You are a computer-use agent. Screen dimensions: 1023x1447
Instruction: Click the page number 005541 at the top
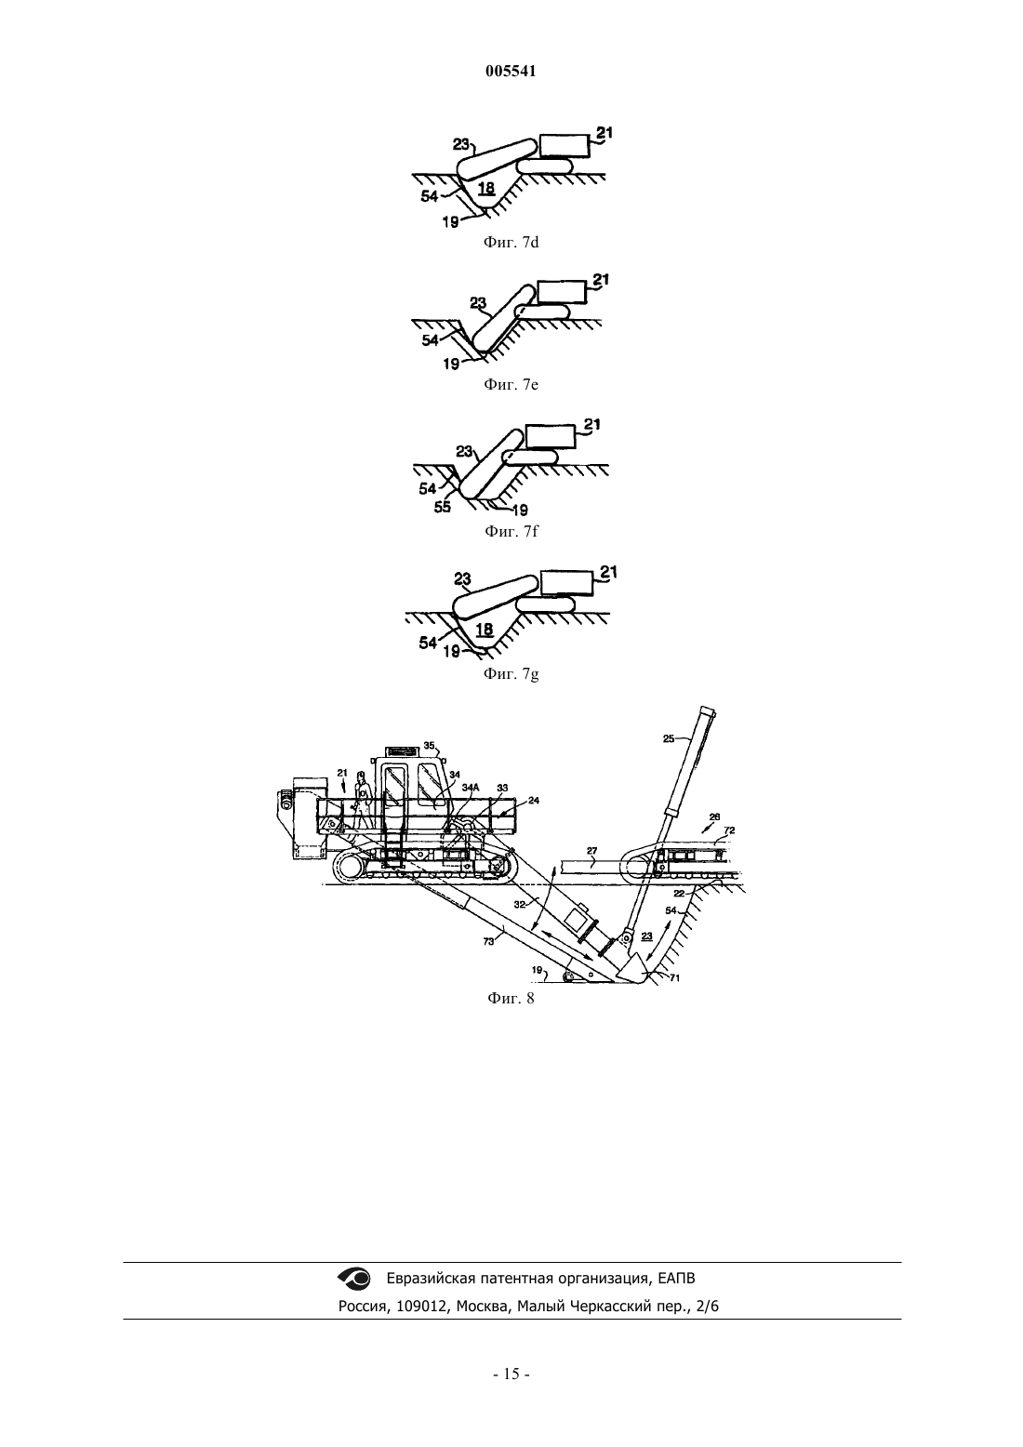[x=511, y=72]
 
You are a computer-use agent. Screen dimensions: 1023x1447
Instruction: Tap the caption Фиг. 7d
[x=511, y=242]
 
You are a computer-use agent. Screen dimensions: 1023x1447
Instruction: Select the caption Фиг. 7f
[x=511, y=532]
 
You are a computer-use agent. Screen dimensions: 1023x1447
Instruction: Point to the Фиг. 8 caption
[x=511, y=998]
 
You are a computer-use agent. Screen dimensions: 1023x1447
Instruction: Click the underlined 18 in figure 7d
[x=485, y=188]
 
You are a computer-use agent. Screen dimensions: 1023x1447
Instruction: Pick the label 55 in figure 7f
[x=443, y=507]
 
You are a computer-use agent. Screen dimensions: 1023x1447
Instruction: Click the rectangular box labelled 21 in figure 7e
[x=563, y=291]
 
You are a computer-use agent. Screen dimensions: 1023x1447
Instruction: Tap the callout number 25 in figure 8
[x=669, y=738]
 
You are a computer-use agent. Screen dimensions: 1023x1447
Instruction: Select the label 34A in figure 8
[x=472, y=788]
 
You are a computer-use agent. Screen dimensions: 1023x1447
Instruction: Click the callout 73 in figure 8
[x=488, y=941]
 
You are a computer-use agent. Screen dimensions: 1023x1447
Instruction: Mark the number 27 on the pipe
[x=592, y=851]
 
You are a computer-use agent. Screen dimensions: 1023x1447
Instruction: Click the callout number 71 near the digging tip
[x=674, y=978]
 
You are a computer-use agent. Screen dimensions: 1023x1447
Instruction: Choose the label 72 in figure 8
[x=729, y=830]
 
